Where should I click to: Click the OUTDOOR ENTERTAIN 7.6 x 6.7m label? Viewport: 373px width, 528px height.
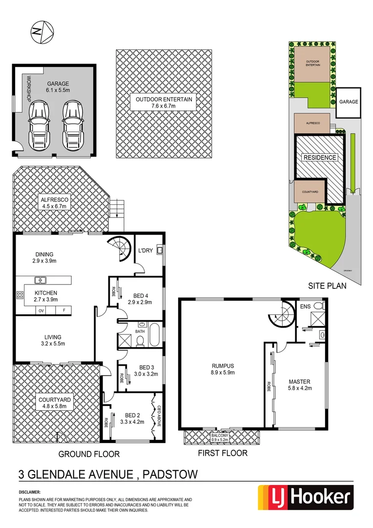click(x=164, y=103)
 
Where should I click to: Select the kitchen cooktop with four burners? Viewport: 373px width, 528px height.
click(x=21, y=295)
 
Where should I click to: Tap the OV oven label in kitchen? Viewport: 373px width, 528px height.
click(x=41, y=310)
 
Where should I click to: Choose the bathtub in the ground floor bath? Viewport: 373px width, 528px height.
click(x=155, y=335)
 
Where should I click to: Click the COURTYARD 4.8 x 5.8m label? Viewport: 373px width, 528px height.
click(x=54, y=403)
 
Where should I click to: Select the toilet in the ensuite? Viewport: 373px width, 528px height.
click(x=318, y=307)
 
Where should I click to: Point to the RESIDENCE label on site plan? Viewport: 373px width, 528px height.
click(x=320, y=157)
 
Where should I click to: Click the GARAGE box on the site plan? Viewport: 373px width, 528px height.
click(x=349, y=102)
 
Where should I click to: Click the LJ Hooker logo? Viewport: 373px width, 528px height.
click(x=305, y=498)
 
